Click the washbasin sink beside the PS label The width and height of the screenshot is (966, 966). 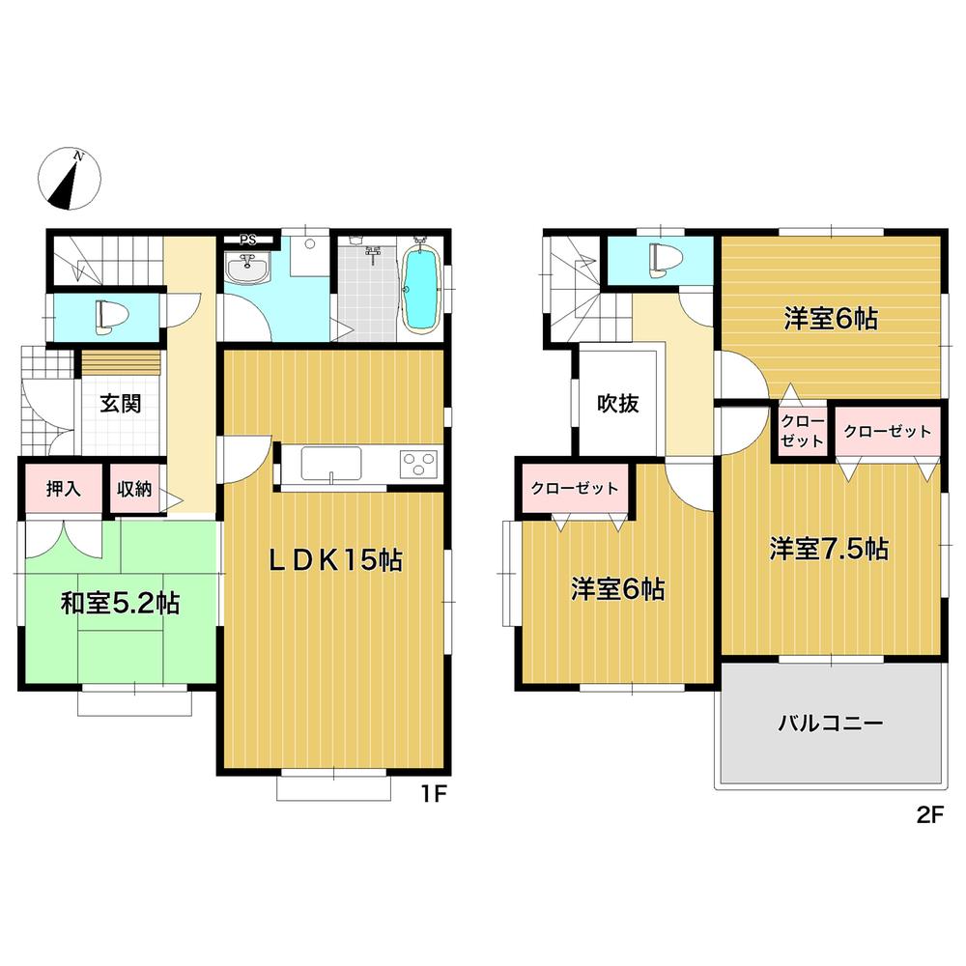pyautogui.click(x=249, y=268)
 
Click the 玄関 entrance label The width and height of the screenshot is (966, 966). pyautogui.click(x=120, y=403)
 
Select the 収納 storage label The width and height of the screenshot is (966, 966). pyautogui.click(x=134, y=489)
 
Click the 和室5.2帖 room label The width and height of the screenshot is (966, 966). pyautogui.click(x=119, y=604)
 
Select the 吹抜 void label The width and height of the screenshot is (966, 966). pyautogui.click(x=616, y=405)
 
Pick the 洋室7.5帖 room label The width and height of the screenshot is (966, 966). pyautogui.click(x=829, y=549)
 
